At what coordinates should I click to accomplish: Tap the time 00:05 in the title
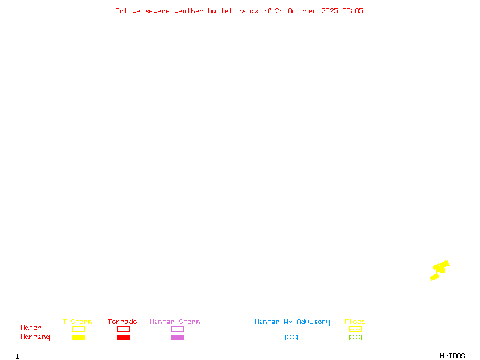[x=353, y=11]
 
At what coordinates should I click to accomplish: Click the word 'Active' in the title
[x=128, y=11]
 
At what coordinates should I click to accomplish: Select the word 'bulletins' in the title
[x=227, y=11]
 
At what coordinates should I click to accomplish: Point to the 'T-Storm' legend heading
[x=77, y=322]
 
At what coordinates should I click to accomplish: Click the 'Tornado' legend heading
[x=122, y=322]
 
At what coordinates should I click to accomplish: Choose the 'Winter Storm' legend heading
[x=175, y=322]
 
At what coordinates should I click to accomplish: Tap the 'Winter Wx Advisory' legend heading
[x=292, y=322]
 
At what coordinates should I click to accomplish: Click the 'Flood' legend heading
[x=355, y=322]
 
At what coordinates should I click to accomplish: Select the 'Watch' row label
[x=31, y=328]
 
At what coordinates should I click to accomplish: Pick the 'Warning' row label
[x=35, y=337]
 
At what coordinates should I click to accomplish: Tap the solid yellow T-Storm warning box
[x=79, y=337]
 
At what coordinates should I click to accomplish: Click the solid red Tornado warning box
[x=124, y=337]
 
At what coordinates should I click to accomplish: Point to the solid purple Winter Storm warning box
[x=177, y=337]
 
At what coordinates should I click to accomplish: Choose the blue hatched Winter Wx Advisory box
[x=291, y=337]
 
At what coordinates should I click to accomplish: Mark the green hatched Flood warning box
[x=355, y=337]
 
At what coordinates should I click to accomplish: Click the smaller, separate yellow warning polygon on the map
[x=434, y=277]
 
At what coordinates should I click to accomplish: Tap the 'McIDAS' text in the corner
[x=452, y=356]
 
